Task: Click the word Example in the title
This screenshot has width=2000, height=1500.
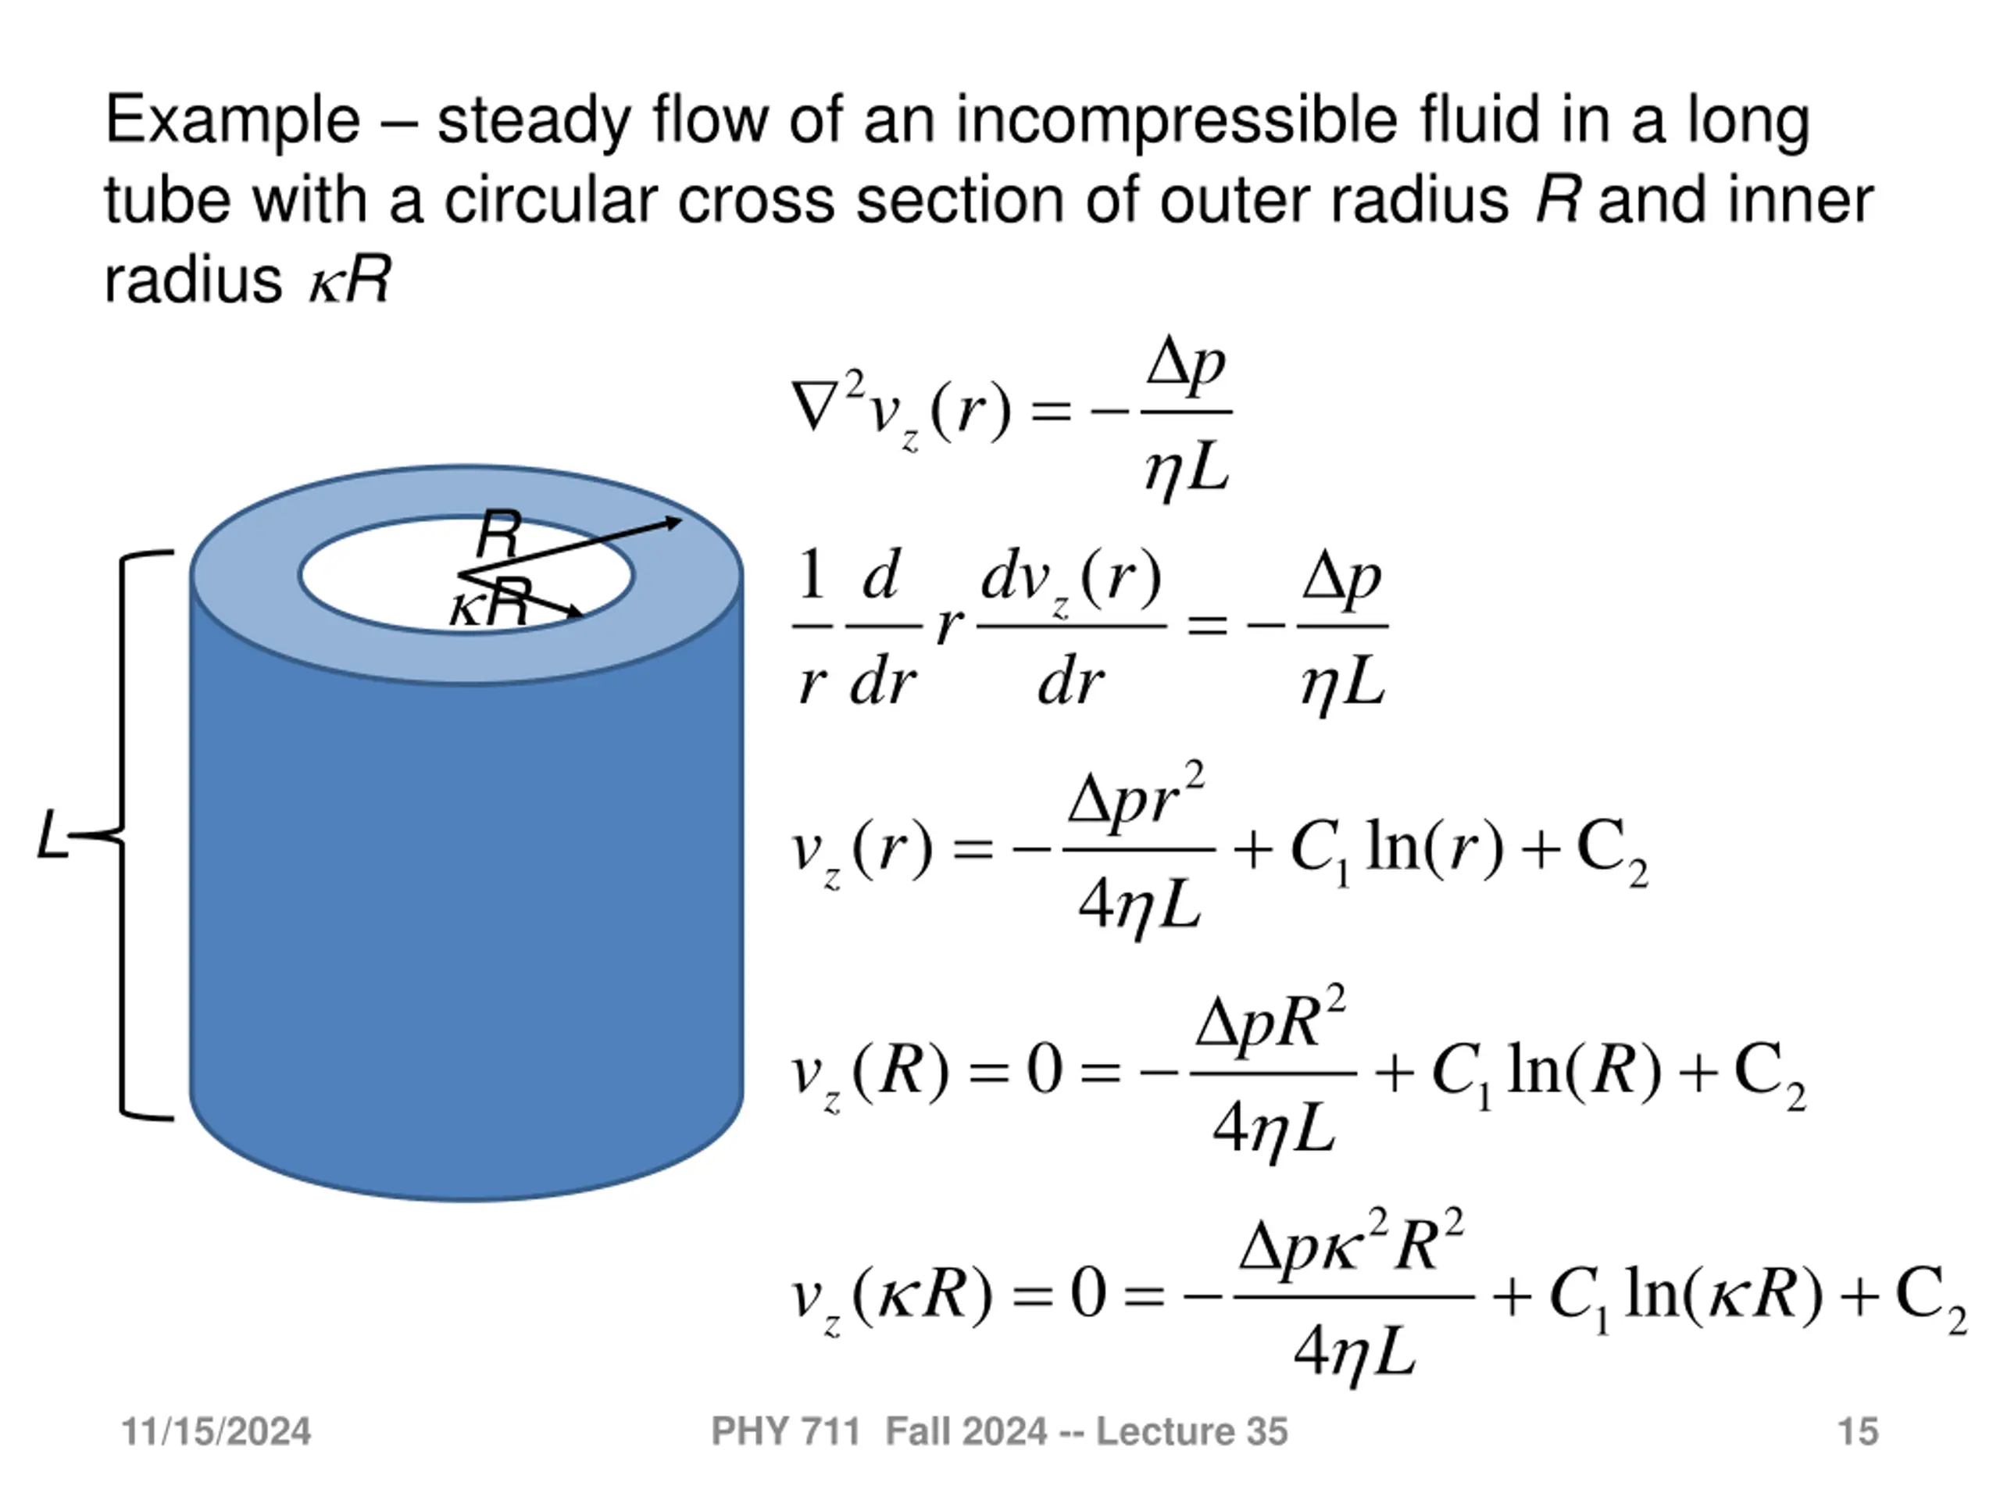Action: click(232, 120)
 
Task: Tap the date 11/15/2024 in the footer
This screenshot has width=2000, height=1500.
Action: click(216, 1432)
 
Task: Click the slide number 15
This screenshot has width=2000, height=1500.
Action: click(1858, 1432)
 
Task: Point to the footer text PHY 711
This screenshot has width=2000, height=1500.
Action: click(785, 1432)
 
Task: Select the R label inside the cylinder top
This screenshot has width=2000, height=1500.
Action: click(499, 535)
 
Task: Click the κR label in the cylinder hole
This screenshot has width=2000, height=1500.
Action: click(488, 604)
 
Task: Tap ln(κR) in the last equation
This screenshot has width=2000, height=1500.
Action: click(1723, 1295)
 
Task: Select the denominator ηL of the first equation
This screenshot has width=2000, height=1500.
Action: click(1186, 470)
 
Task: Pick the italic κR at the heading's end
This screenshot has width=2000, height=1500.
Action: click(349, 280)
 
